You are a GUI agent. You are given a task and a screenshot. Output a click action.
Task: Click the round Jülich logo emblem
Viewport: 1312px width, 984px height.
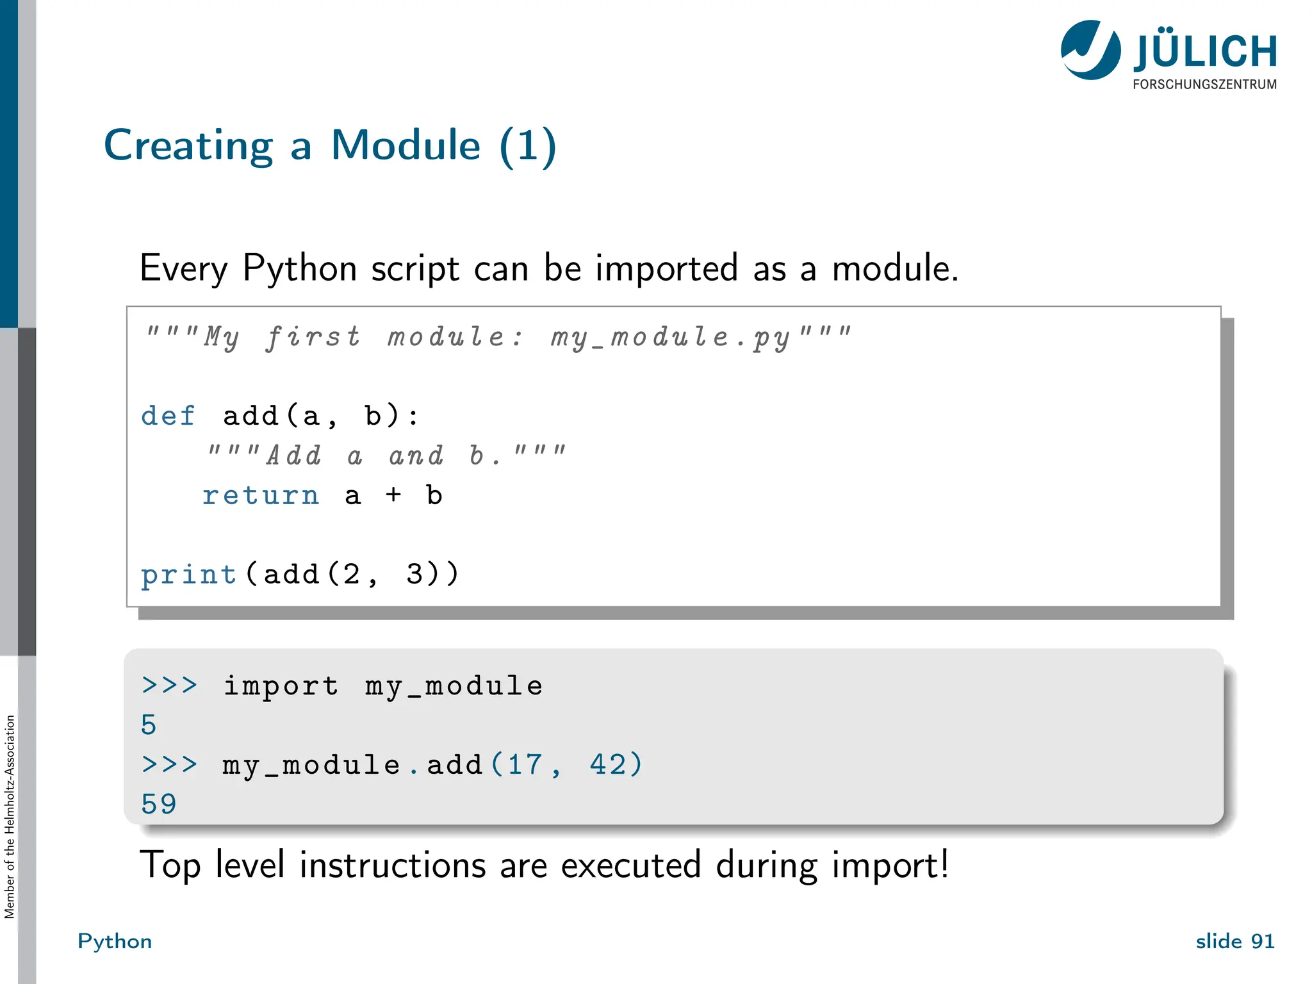click(x=1090, y=50)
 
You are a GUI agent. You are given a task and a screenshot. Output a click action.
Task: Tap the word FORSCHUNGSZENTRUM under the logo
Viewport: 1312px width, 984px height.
click(x=1204, y=85)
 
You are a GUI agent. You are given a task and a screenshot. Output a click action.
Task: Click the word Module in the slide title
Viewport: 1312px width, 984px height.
click(x=406, y=145)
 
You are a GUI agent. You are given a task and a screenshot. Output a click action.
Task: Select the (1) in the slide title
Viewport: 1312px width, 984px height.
click(x=528, y=146)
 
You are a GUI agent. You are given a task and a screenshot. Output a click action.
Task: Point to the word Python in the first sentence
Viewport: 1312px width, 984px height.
click(x=299, y=268)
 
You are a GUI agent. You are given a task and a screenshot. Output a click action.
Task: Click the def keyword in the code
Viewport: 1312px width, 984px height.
click(x=168, y=416)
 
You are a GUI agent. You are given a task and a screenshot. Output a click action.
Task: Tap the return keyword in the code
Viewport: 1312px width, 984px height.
click(x=260, y=495)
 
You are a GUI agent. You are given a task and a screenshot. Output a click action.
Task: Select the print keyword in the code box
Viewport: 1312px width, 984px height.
click(x=188, y=575)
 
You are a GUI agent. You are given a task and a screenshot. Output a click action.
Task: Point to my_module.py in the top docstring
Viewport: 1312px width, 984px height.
click(x=670, y=338)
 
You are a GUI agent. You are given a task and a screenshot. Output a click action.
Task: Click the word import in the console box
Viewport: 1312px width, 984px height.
click(x=281, y=686)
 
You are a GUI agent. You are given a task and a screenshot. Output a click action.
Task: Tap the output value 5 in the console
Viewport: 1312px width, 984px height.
click(x=149, y=725)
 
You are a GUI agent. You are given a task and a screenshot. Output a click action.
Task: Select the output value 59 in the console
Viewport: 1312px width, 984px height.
click(x=158, y=804)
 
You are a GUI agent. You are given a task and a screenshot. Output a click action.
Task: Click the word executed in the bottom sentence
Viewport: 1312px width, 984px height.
click(x=631, y=865)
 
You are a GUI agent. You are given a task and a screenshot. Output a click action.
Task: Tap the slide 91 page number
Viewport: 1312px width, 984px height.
click(x=1234, y=941)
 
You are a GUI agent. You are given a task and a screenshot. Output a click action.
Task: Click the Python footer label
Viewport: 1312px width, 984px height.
click(x=115, y=941)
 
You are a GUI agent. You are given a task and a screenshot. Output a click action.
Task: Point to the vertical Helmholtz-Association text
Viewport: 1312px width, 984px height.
click(x=10, y=817)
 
